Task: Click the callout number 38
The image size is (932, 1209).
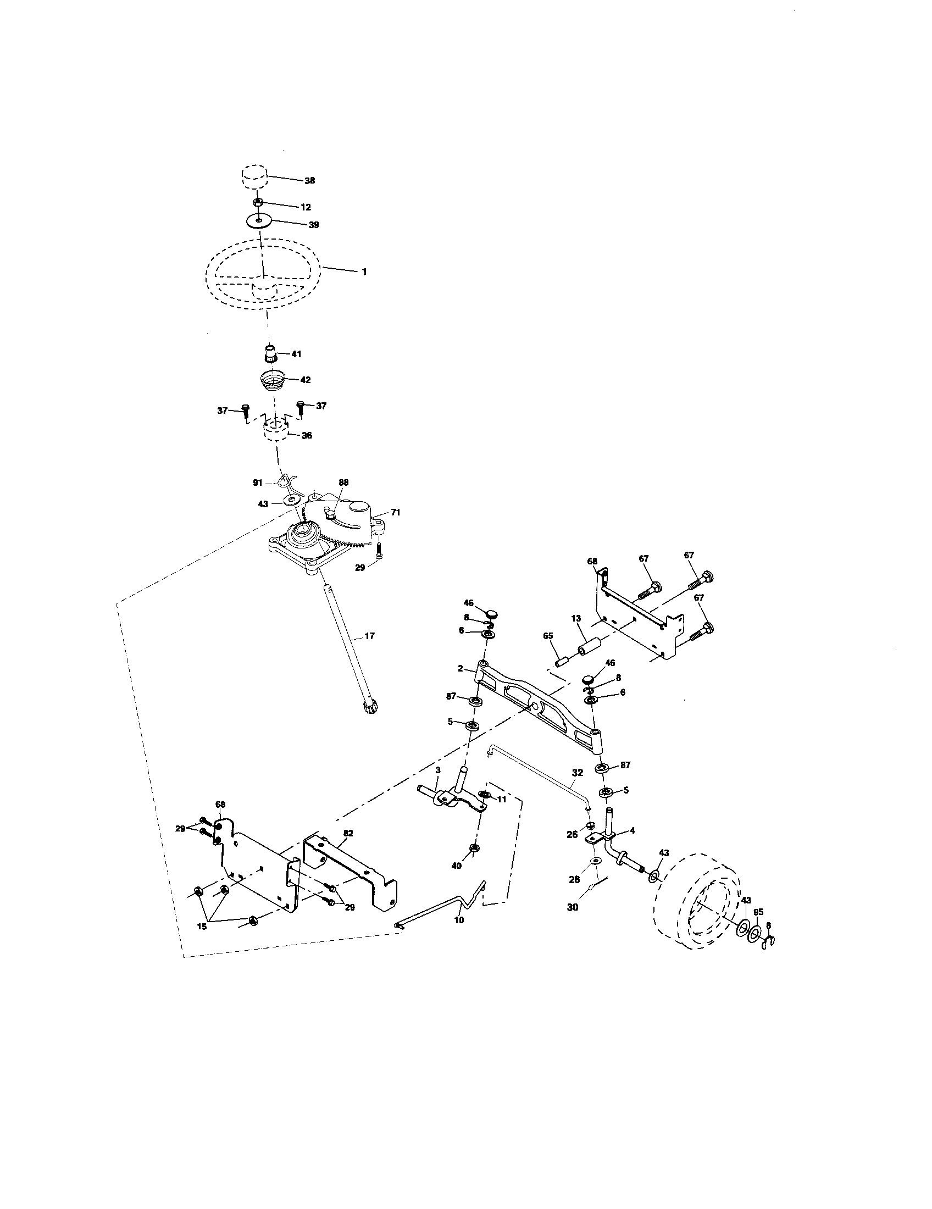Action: coord(309,180)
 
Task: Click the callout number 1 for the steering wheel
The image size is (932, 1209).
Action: coord(364,272)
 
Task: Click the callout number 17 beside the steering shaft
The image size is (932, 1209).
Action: coord(369,636)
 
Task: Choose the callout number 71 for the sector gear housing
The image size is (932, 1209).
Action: coord(395,513)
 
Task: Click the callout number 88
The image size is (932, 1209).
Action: coord(343,482)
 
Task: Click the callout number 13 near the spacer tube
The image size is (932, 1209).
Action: coord(575,617)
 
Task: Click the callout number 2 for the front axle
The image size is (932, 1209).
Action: coord(461,668)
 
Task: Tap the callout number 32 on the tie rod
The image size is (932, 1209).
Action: coord(577,772)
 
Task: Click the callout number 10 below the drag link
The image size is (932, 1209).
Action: coord(459,919)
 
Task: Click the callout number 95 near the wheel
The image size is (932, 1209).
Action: coord(758,911)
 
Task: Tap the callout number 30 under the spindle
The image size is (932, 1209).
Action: coord(573,907)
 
